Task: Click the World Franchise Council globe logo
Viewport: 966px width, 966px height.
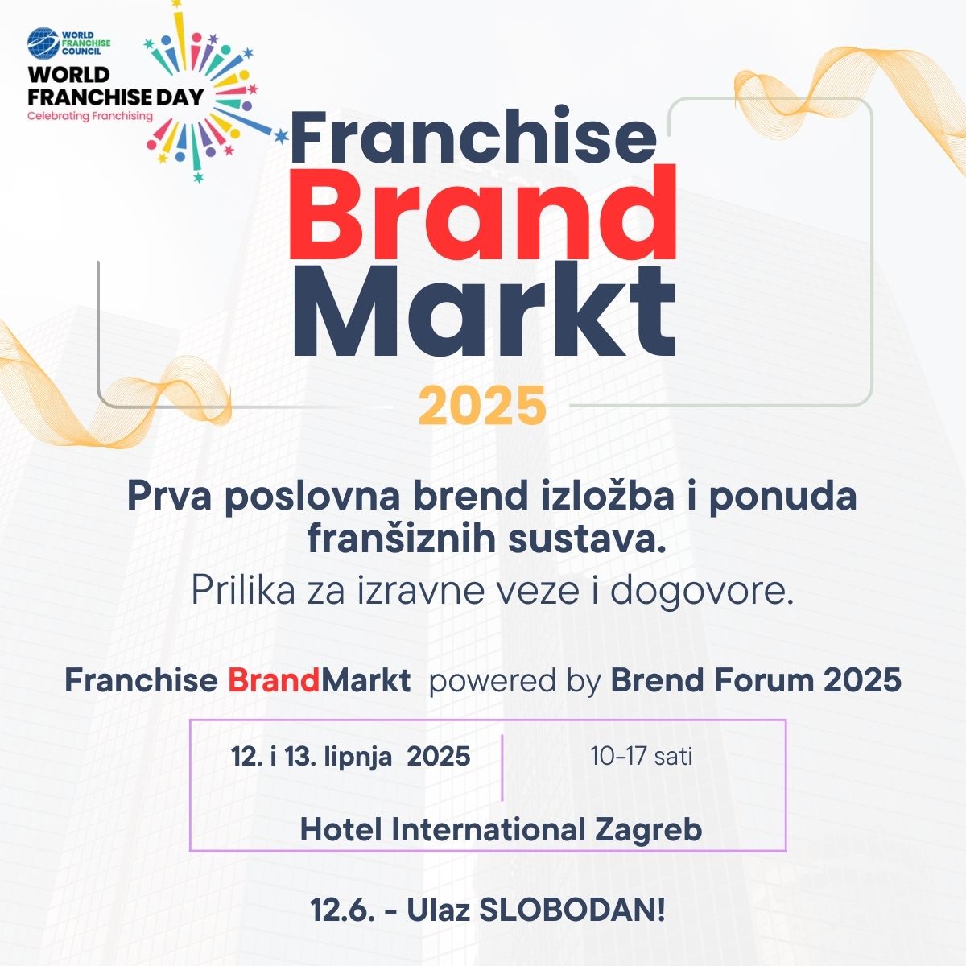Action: click(x=43, y=43)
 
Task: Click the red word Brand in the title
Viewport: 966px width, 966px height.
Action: click(x=482, y=214)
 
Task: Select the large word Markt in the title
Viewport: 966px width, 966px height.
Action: click(x=485, y=312)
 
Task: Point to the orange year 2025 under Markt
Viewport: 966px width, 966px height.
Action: click(x=482, y=406)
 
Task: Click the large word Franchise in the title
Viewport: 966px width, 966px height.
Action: click(x=473, y=134)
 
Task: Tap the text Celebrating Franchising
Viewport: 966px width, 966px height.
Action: click(x=89, y=116)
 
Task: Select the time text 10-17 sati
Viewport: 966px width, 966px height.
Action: click(x=641, y=756)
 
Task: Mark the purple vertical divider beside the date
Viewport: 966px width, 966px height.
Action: click(x=502, y=767)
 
